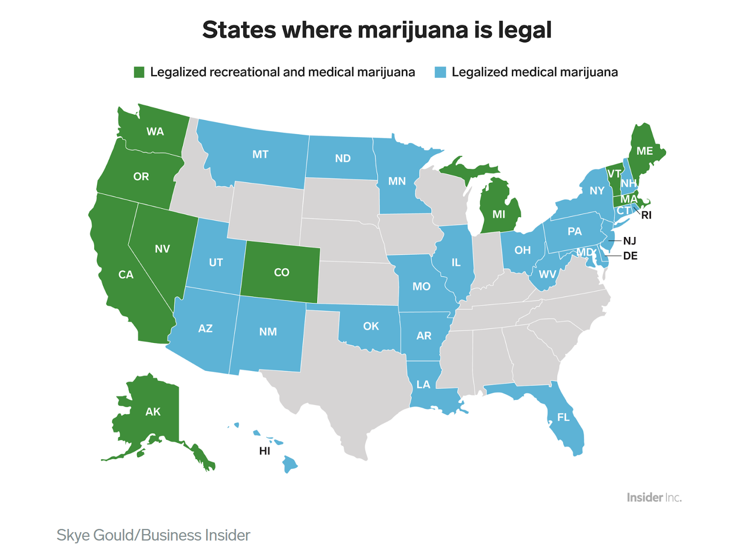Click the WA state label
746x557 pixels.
coord(155,132)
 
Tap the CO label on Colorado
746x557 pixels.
coord(281,272)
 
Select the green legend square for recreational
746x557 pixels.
coord(139,72)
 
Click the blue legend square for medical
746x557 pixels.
coord(440,72)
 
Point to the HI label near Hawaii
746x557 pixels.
coord(264,451)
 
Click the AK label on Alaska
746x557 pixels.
coord(153,411)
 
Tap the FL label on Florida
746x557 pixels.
coord(563,417)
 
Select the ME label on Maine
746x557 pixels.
coord(644,151)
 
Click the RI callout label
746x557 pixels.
coord(646,216)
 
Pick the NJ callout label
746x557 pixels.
coord(629,241)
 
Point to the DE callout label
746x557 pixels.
coord(630,256)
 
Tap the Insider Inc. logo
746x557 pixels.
coord(654,497)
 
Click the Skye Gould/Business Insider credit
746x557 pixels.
coord(153,535)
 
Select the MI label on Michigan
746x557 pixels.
coord(498,214)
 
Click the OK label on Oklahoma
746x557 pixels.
coord(371,326)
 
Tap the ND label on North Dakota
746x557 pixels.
coord(343,159)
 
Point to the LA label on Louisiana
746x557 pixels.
coord(423,384)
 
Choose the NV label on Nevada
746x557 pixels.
coord(162,249)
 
